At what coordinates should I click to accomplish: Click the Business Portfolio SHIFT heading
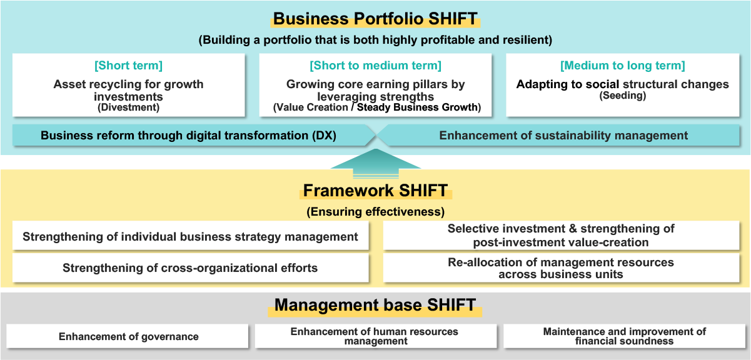[375, 19]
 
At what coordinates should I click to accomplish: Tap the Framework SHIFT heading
[375, 190]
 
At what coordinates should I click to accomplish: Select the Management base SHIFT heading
[375, 305]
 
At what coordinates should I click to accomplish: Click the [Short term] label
[128, 66]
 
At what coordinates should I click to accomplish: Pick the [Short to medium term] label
[375, 66]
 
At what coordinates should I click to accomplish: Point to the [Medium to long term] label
[622, 66]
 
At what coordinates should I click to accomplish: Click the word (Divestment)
[128, 107]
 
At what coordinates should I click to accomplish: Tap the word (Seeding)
[622, 96]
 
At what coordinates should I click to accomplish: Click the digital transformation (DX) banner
[188, 136]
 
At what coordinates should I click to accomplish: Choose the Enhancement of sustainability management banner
[563, 136]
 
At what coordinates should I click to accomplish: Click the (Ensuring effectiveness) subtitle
[375, 212]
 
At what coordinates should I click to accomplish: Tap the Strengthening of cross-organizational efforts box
[190, 268]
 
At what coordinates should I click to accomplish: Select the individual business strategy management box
[190, 237]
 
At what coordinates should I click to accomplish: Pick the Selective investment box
[560, 236]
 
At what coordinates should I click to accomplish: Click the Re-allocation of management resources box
[560, 268]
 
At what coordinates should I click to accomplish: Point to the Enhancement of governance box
[128, 336]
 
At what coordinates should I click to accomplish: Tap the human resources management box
[375, 336]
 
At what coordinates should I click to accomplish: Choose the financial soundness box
[624, 336]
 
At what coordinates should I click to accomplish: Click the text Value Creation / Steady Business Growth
[377, 107]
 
